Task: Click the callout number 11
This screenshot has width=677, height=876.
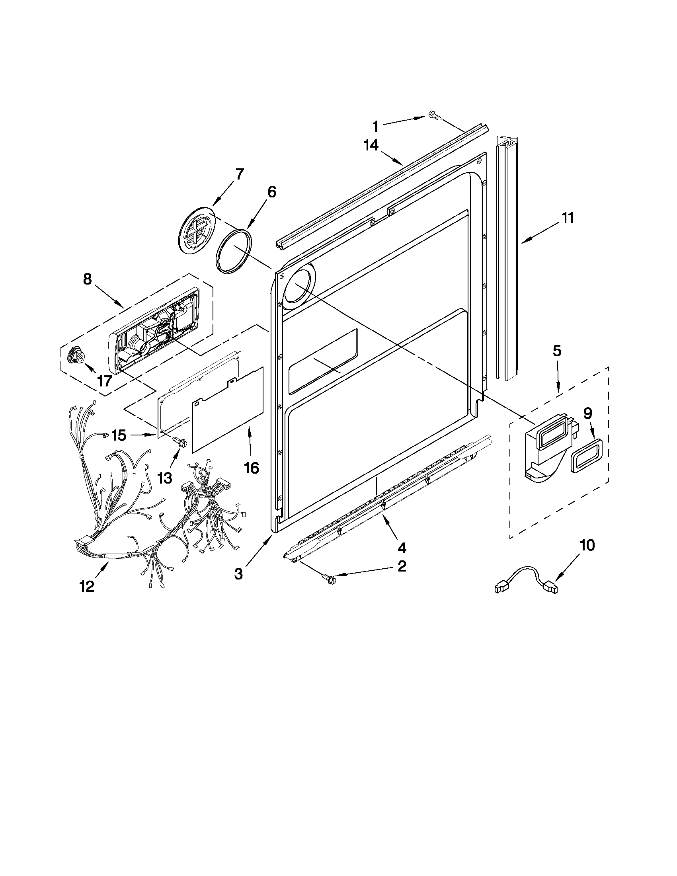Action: coord(567,218)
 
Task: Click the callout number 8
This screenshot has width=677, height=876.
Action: coord(87,279)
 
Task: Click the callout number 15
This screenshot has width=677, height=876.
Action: coord(119,435)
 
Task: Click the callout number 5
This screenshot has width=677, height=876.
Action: coord(557,351)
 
